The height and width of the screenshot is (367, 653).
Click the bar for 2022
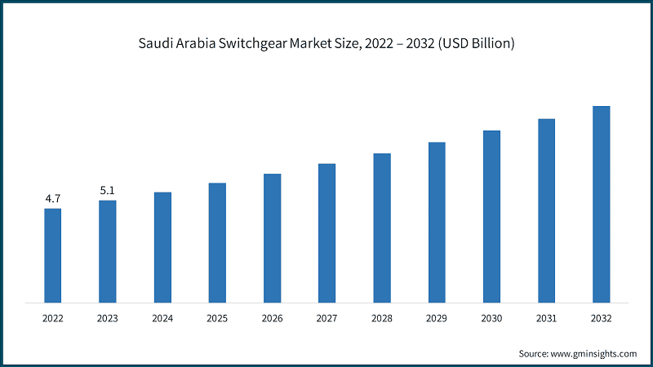pyautogui.click(x=53, y=255)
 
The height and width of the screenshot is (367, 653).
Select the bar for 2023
pyautogui.click(x=108, y=251)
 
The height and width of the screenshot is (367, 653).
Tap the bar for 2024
pyautogui.click(x=162, y=247)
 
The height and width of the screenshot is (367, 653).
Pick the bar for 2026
pyautogui.click(x=272, y=238)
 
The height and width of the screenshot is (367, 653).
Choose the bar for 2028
pyautogui.click(x=382, y=228)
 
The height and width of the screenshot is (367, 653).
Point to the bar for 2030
pyautogui.click(x=491, y=216)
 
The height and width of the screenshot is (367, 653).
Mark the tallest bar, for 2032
pyautogui.click(x=601, y=204)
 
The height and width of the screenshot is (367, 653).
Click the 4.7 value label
pyautogui.click(x=53, y=198)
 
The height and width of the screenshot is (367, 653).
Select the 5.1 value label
pyautogui.click(x=108, y=190)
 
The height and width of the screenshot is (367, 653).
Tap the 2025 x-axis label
pyautogui.click(x=217, y=318)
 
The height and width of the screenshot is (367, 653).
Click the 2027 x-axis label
pyautogui.click(x=326, y=318)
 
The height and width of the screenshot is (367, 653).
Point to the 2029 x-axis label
pyautogui.click(x=437, y=318)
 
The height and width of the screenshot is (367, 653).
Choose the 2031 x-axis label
pyautogui.click(x=546, y=318)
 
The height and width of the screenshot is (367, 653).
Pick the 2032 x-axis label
pyautogui.click(x=601, y=318)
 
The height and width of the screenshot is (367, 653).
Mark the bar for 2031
pyautogui.click(x=546, y=210)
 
